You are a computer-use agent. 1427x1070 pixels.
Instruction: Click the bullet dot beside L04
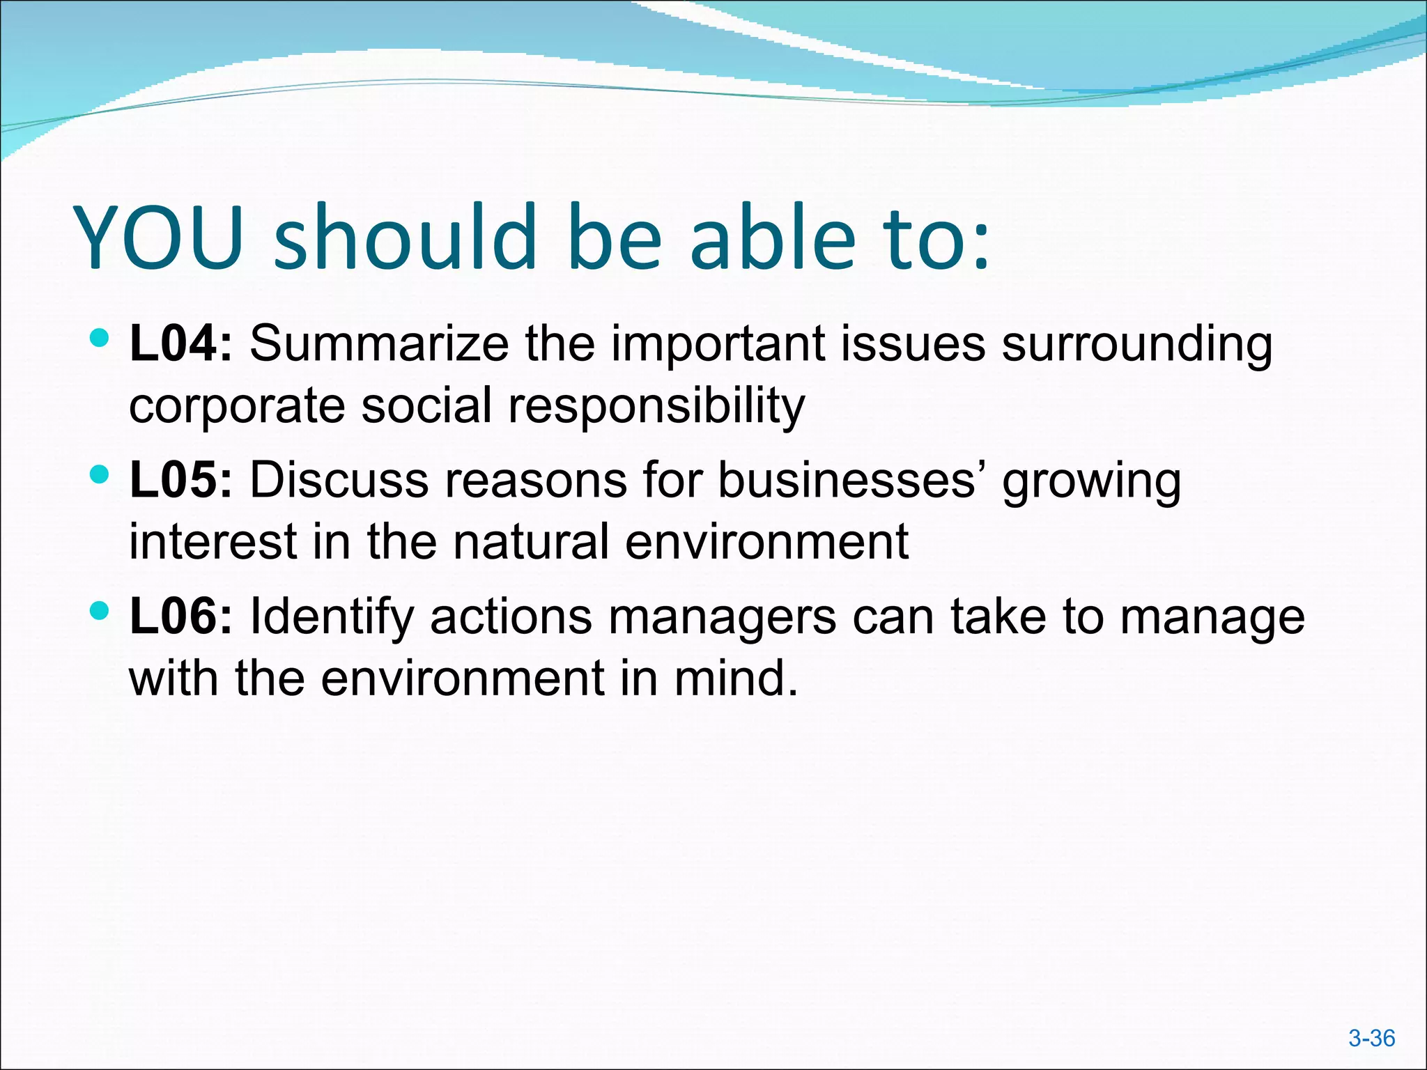(100, 339)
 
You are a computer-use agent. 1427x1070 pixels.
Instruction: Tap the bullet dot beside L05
(100, 476)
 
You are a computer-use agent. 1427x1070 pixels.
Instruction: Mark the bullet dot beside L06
(100, 612)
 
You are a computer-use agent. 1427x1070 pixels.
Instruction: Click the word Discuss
(339, 480)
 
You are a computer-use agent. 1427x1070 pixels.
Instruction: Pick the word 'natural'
(531, 541)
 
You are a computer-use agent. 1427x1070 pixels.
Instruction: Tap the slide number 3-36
(1371, 1039)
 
